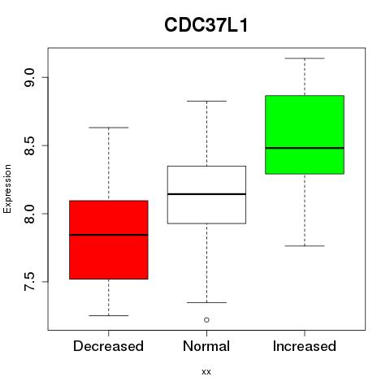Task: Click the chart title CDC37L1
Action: (x=206, y=25)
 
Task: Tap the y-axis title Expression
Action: (x=7, y=188)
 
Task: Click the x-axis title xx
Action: (x=206, y=371)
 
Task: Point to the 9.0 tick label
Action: (x=29, y=77)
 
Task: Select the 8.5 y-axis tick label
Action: (x=29, y=145)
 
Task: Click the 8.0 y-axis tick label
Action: (x=29, y=214)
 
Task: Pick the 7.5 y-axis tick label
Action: (x=29, y=282)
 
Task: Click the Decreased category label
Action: (x=108, y=346)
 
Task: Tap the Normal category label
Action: (x=206, y=346)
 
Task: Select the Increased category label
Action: (x=305, y=346)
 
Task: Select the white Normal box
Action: (x=206, y=195)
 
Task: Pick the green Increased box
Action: (x=305, y=135)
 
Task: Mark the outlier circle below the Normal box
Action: (x=206, y=320)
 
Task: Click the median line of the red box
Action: (x=109, y=235)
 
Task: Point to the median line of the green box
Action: (x=305, y=148)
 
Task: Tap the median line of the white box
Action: (x=206, y=194)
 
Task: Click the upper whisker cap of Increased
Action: (x=305, y=58)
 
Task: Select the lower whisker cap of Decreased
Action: (x=109, y=315)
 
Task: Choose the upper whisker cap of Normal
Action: (x=206, y=101)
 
